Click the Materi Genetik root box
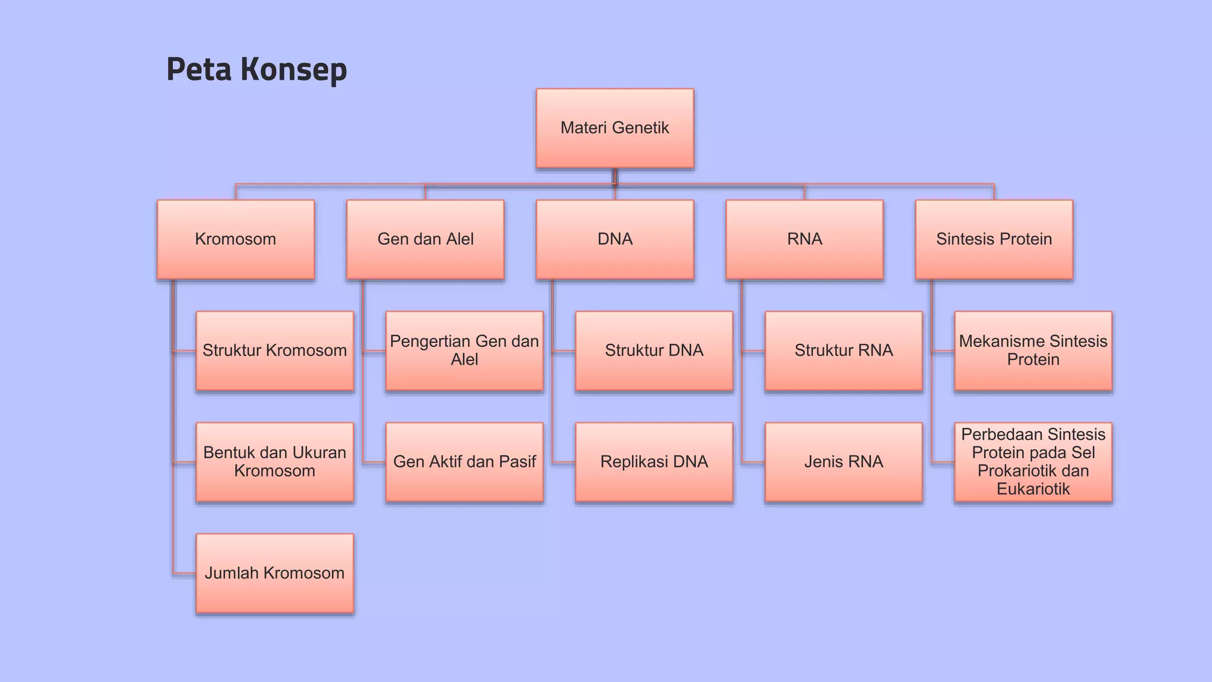(615, 128)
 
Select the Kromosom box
(236, 239)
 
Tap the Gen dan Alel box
(426, 239)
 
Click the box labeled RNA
(804, 239)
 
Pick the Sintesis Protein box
(994, 239)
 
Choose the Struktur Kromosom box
(275, 350)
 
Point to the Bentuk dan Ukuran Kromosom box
(275, 462)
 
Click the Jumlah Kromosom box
(275, 573)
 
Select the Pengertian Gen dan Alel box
(464, 350)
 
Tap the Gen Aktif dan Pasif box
(464, 462)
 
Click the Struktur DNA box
(654, 350)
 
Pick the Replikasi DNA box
(654, 462)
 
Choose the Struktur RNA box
(843, 350)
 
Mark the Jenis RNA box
(843, 462)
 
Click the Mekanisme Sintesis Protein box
(1033, 350)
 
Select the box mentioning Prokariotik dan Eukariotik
(1033, 462)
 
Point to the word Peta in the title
(199, 70)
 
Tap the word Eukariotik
(1033, 489)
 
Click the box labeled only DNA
(615, 239)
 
